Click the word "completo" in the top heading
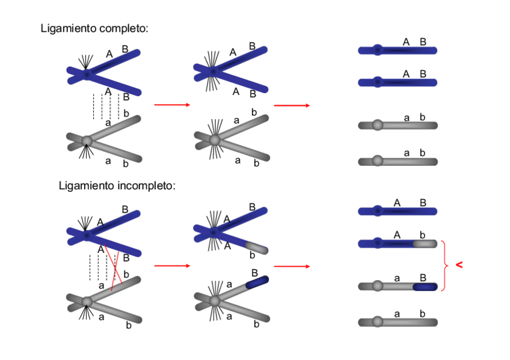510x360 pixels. coord(124,29)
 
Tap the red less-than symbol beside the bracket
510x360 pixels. coord(459,265)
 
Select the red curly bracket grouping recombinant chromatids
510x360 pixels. coord(445,266)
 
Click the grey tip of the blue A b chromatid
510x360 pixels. coord(425,243)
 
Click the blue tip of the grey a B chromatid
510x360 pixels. coord(425,287)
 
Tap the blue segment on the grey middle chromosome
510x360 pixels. coord(257,282)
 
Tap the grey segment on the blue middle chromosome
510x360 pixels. coord(257,248)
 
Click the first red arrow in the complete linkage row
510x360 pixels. coord(172,105)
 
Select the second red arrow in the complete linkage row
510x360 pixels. coord(292,105)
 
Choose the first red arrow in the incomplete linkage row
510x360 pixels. coord(172,266)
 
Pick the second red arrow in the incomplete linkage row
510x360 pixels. coord(292,266)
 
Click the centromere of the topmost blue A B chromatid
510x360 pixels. coord(377,50)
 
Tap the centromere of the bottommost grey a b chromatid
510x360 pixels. coord(377,322)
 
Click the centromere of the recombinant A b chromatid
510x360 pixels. coord(377,243)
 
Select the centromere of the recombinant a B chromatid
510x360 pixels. coord(377,286)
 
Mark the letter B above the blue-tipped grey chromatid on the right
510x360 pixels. coord(423,278)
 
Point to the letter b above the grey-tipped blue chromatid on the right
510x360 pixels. coord(422,234)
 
